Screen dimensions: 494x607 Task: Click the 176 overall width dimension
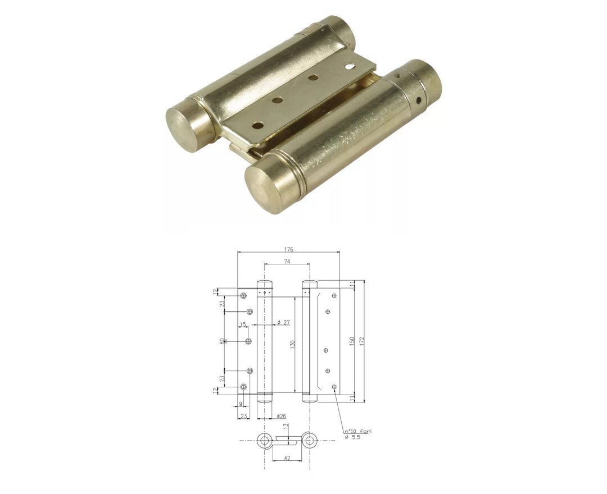coord(289,249)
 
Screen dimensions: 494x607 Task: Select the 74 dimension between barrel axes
coord(287,262)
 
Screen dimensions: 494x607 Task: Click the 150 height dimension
coord(351,341)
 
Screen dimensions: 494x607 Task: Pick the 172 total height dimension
coord(362,341)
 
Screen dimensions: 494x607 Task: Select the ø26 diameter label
coord(282,416)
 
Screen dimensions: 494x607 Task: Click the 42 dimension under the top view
coord(287,458)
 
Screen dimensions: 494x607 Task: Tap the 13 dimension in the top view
coord(286,426)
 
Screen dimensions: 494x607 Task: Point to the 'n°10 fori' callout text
coord(359,431)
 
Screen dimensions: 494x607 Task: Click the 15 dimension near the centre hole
coord(243,324)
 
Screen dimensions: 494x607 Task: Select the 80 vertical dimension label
coord(223,341)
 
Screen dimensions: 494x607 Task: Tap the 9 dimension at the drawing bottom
coord(241,404)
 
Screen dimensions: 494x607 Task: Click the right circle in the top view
coord(309,441)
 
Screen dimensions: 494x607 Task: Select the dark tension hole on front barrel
coord(417,102)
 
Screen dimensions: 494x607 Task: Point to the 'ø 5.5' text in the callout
coord(353,437)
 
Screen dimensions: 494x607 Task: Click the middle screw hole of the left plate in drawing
coord(248,341)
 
